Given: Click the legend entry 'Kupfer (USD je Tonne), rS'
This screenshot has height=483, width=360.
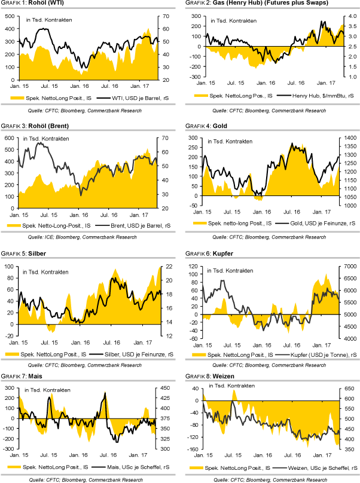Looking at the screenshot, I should point(315,354).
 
